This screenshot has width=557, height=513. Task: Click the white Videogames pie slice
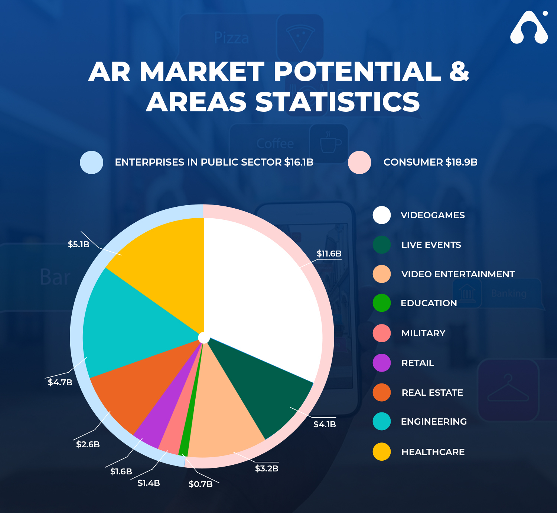[x=261, y=294]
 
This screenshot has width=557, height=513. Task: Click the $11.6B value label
[x=329, y=254]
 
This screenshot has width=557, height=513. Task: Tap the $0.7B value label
[x=201, y=484]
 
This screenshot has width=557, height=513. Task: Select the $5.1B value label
[x=79, y=244]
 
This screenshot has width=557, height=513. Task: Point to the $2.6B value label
[x=88, y=444]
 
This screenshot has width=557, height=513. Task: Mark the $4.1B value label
[x=325, y=424]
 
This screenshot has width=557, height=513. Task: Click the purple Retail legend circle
[x=381, y=363]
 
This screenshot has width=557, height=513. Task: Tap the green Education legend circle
[x=381, y=303]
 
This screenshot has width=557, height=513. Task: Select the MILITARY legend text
[x=423, y=333]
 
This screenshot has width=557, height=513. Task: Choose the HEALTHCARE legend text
[x=433, y=452]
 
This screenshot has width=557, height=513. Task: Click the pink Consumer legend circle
[x=359, y=162]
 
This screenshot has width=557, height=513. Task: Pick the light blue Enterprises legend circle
[x=91, y=162]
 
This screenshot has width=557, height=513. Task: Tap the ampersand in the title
[x=459, y=71]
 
